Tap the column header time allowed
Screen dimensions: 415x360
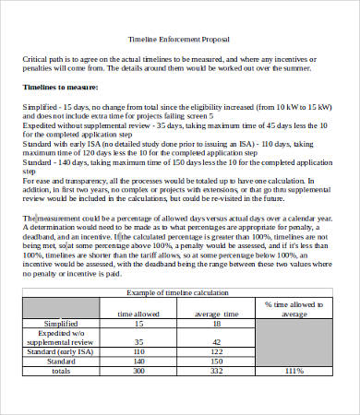click(138, 314)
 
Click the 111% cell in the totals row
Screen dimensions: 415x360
click(294, 370)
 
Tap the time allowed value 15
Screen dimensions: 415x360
click(138, 324)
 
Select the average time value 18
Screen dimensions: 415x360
click(216, 324)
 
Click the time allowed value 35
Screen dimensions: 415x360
click(138, 341)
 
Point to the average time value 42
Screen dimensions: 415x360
click(216, 341)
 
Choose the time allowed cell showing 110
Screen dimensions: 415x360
click(138, 351)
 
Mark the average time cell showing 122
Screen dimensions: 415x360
click(216, 351)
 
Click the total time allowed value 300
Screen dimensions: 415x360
click(138, 370)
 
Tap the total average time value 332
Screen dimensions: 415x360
click(216, 370)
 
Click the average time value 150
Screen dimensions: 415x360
click(216, 361)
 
